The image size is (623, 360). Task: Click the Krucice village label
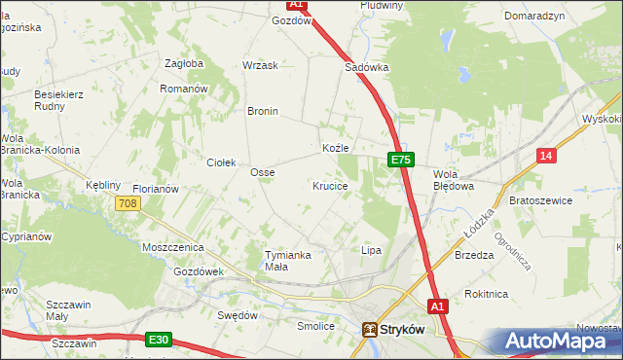[330, 185]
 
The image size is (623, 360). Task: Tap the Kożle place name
[335, 148]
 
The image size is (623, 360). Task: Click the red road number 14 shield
[547, 156]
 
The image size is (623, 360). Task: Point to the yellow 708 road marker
[128, 203]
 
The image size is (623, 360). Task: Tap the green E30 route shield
[160, 340]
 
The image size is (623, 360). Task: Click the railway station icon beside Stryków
[370, 330]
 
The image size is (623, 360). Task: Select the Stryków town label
[403, 330]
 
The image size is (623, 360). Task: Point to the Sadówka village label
[367, 68]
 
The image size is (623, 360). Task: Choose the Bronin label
[263, 111]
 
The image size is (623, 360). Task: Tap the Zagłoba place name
[184, 63]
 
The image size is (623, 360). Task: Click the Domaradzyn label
[534, 17]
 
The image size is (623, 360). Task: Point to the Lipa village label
[371, 250]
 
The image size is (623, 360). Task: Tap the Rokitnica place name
[487, 293]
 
